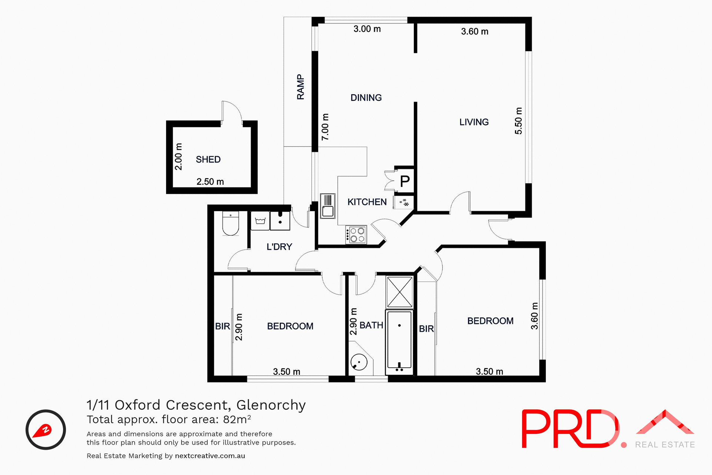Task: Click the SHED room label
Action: point(208,160)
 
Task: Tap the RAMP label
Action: point(300,87)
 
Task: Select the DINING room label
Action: point(366,98)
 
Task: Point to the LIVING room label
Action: point(474,122)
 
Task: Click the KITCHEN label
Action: point(367,202)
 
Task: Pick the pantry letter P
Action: point(405,181)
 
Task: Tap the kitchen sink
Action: point(327,206)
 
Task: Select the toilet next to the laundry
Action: point(231,223)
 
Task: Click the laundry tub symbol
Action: point(260,221)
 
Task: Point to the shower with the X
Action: point(399,292)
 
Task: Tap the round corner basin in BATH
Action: point(359,362)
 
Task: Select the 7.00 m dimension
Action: point(325,127)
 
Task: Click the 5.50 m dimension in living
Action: point(518,121)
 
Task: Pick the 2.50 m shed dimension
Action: point(210,182)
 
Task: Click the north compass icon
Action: point(46,430)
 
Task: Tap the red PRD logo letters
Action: point(569,429)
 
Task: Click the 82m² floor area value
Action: point(237,419)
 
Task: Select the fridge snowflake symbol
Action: point(404,203)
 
